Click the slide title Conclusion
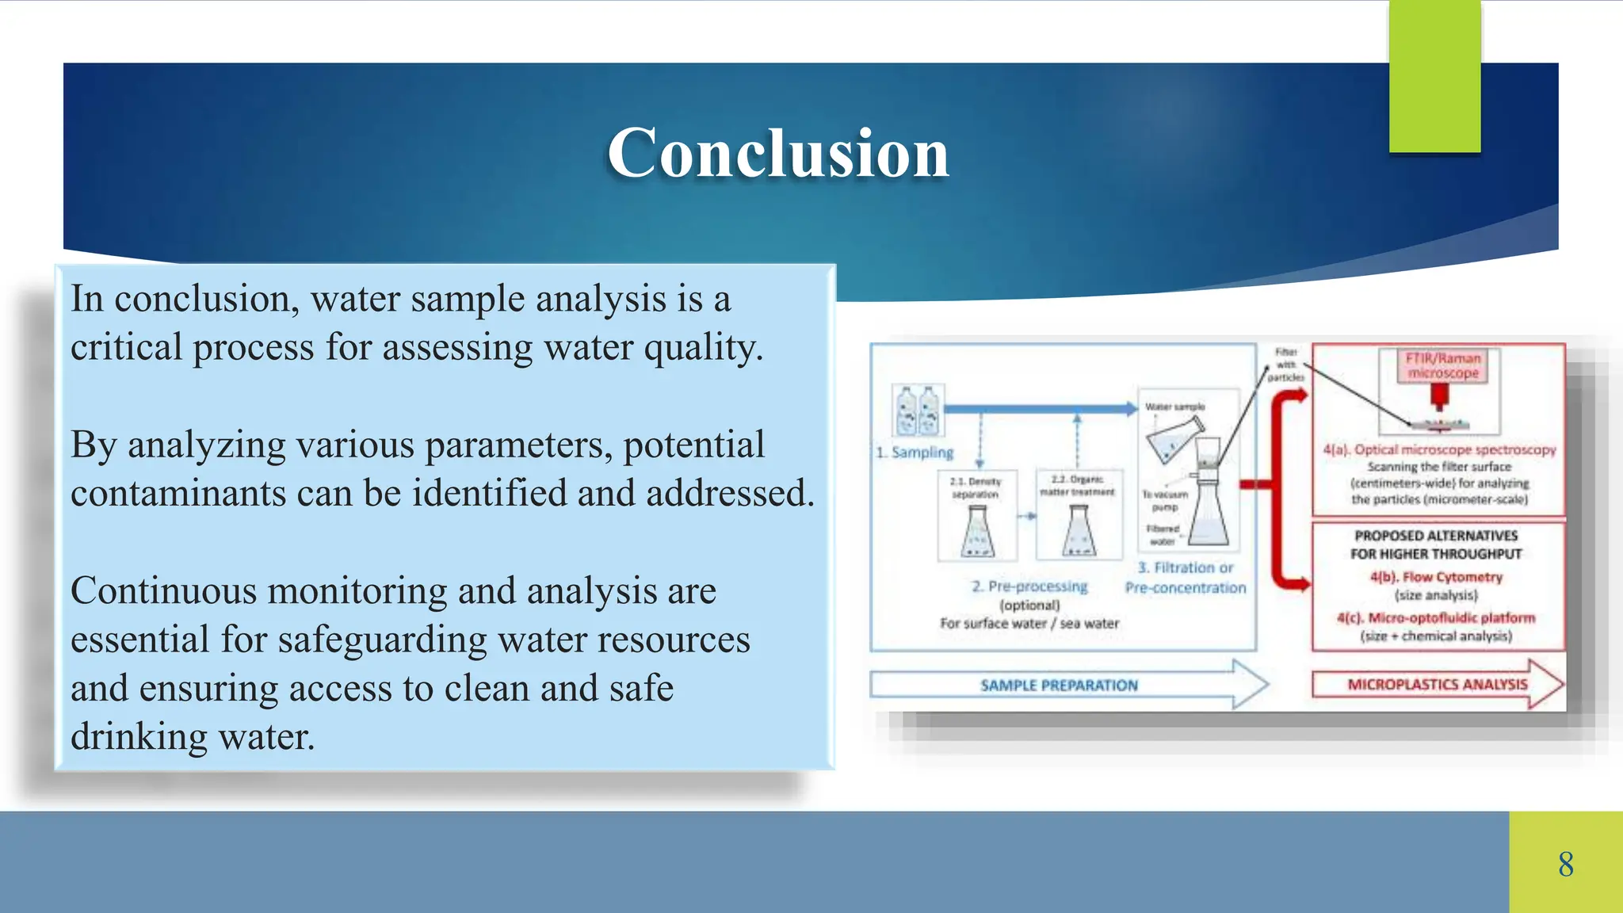tap(777, 154)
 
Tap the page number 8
tap(1565, 864)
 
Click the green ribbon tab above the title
tap(1434, 75)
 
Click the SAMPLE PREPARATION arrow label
tap(1059, 686)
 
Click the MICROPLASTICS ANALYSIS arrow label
tap(1437, 684)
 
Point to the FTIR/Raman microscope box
tap(1442, 366)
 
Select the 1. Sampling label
tap(915, 453)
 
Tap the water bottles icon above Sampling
tap(918, 411)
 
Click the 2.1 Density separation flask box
tap(977, 516)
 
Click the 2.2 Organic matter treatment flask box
tap(1079, 514)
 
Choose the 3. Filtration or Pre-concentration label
tap(1186, 578)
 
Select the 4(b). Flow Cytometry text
tap(1436, 577)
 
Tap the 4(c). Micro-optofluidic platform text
tap(1436, 618)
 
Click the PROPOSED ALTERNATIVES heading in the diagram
tap(1436, 544)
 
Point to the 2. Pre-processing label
tap(1029, 586)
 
